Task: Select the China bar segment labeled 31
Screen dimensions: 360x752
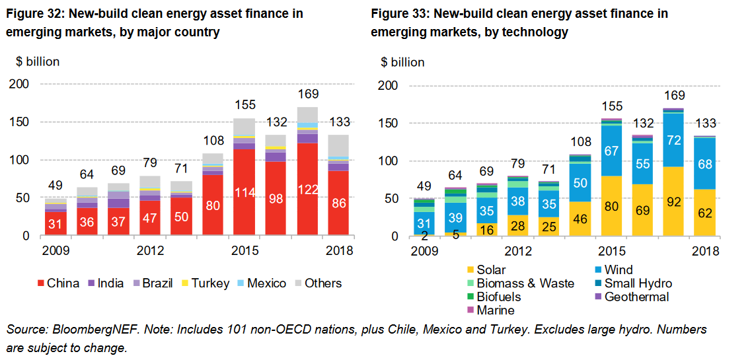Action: click(x=56, y=223)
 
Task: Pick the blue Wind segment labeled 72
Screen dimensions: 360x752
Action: click(x=673, y=139)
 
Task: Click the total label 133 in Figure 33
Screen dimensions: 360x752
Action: click(x=705, y=124)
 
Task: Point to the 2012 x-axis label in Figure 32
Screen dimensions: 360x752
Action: click(x=151, y=251)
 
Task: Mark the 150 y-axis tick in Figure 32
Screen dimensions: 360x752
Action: click(x=19, y=122)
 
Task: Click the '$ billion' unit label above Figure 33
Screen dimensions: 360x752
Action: click(x=402, y=62)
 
